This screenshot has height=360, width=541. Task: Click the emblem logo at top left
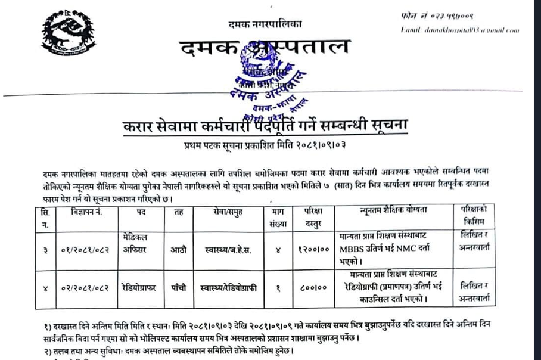point(67,34)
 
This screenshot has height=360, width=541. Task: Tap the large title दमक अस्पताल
point(266,47)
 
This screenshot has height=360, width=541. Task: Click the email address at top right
point(459,30)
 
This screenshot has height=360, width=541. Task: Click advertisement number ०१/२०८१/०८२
point(85,249)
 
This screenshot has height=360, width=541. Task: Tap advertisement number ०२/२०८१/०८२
point(85,288)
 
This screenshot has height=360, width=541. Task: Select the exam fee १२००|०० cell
point(312,249)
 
